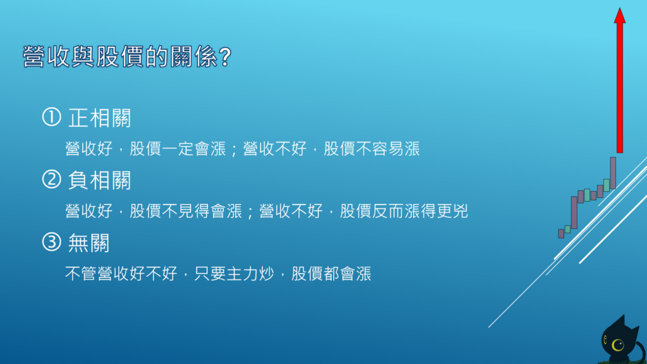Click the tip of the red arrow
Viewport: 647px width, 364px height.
[x=619, y=10]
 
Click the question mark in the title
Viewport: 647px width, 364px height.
[x=223, y=58]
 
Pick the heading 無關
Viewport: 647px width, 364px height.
[x=88, y=243]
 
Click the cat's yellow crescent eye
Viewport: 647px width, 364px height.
[x=615, y=345]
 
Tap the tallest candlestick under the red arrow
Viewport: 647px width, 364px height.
[x=613, y=173]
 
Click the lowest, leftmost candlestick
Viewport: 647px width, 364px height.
[x=561, y=234]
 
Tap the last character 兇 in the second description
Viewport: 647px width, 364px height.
[x=460, y=212]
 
